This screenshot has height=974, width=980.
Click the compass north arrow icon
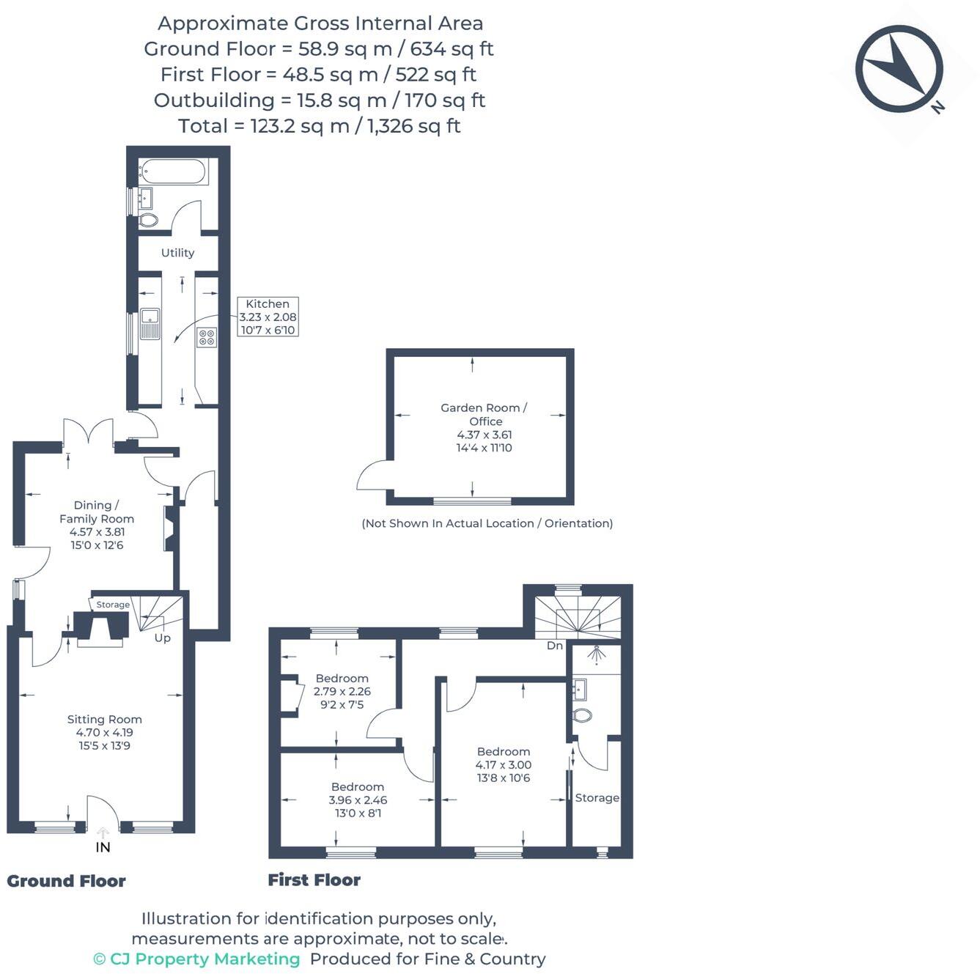tap(899, 69)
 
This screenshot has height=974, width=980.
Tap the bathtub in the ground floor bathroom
tap(174, 172)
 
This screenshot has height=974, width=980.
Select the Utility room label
tap(177, 253)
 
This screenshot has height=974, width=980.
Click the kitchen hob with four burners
tap(207, 337)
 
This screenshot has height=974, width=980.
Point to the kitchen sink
tap(150, 324)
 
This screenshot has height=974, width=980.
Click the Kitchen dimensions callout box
tap(268, 317)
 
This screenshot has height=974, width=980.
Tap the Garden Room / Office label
tap(484, 414)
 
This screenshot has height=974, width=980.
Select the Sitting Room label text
tap(104, 720)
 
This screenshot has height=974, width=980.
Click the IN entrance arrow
tap(103, 833)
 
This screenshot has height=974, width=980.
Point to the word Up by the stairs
tap(163, 638)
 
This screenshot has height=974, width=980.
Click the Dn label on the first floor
tap(555, 646)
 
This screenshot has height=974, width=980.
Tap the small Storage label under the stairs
tap(113, 605)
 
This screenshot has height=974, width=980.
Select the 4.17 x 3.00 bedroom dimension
tap(504, 765)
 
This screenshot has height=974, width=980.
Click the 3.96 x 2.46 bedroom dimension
tap(358, 800)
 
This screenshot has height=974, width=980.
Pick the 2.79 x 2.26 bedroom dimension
tap(342, 691)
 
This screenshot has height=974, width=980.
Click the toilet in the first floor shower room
tap(583, 715)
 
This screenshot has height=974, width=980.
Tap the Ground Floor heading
tap(66, 881)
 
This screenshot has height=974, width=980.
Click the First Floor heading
tap(314, 880)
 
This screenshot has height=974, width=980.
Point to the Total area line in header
tap(320, 126)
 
